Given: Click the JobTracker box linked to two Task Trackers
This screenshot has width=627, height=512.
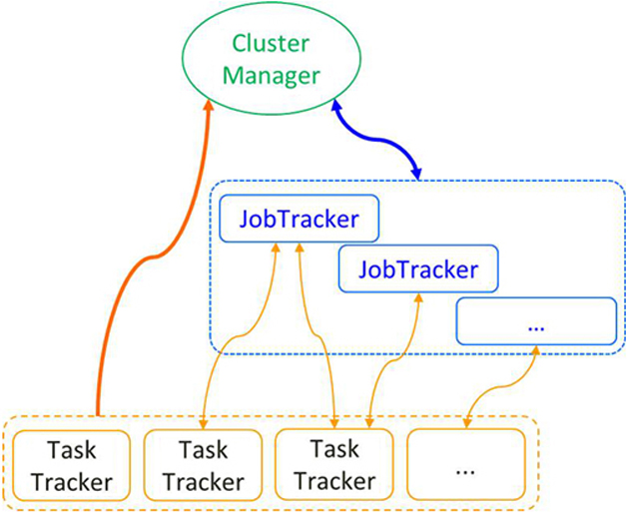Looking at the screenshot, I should pyautogui.click(x=298, y=218).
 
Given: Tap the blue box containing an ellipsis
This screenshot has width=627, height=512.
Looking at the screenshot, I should pyautogui.click(x=535, y=320).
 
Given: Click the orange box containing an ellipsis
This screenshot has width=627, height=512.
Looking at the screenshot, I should pyautogui.click(x=465, y=464).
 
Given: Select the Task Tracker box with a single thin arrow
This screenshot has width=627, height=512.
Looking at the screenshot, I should pyautogui.click(x=204, y=465).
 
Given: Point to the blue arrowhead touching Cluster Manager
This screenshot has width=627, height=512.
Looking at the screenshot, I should pyautogui.click(x=340, y=104).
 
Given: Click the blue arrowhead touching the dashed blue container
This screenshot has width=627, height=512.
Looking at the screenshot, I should pyautogui.click(x=416, y=174).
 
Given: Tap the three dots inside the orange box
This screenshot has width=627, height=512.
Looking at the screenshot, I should pyautogui.click(x=465, y=466).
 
